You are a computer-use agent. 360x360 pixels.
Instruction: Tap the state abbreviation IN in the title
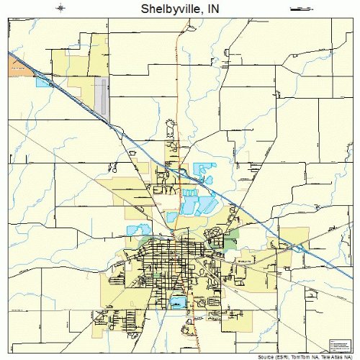pos(212,9)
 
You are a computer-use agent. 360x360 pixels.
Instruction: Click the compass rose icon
pos(60,8)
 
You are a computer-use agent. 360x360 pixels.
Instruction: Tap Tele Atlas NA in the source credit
pos(336,356)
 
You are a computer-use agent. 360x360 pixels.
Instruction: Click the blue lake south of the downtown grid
pos(176,302)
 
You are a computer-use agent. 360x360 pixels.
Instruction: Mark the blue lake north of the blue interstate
pos(205,171)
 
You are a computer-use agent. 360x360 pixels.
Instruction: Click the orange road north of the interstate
pos(177,86)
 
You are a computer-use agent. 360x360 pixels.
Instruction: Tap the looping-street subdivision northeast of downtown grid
pos(215,235)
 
